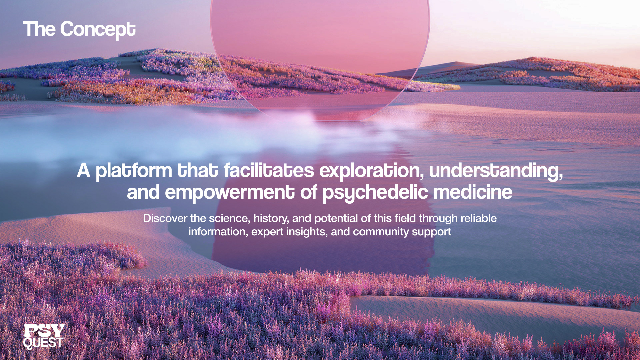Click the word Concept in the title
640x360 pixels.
point(98,30)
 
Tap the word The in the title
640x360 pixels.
point(39,29)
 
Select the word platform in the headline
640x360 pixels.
point(134,171)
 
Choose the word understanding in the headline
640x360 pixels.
point(496,171)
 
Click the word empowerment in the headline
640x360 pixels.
point(230,193)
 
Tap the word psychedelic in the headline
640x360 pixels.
point(375,193)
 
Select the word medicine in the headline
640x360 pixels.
point(473,192)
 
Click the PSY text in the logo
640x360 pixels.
point(44,330)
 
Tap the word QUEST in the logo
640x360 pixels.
point(43,343)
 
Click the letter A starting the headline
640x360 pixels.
point(83,170)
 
